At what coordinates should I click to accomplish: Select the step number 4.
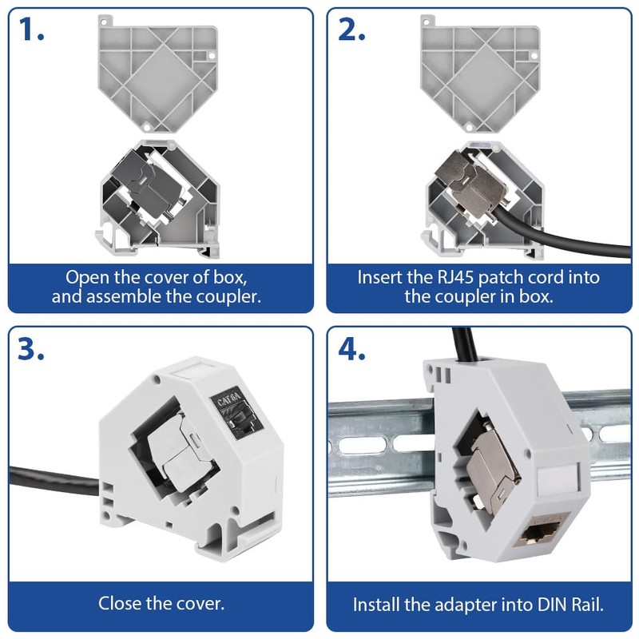click(352, 349)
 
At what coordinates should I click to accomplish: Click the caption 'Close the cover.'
click(161, 603)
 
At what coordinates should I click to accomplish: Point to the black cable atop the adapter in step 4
click(464, 343)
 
